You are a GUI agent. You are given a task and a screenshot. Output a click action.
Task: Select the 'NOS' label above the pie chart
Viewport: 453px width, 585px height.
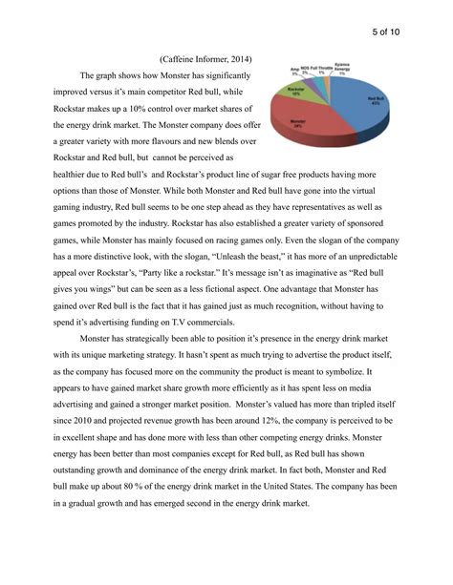307,69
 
